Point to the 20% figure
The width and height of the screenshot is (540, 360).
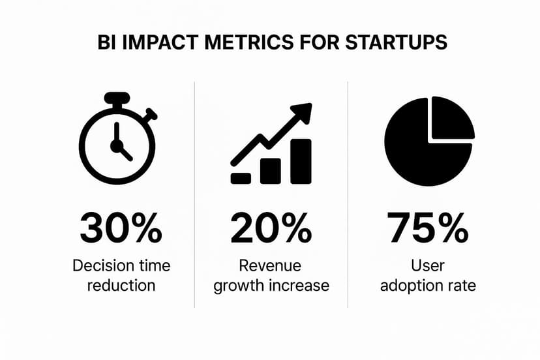coord(270,228)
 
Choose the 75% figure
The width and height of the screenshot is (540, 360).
coord(428,228)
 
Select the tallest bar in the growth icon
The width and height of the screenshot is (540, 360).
coord(301,161)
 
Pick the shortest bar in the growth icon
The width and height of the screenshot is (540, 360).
coord(241,177)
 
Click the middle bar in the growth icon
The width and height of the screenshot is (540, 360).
coord(271,170)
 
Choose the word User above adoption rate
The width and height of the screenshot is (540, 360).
coord(428,266)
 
